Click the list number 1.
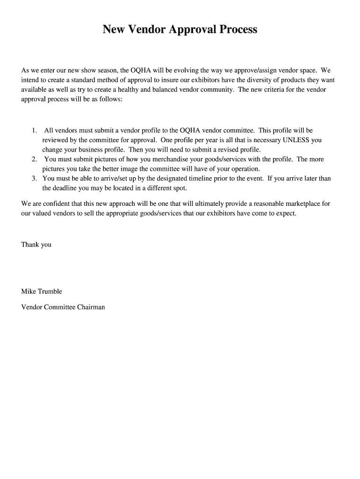click(x=34, y=131)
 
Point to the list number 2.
click(x=34, y=159)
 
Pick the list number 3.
click(x=34, y=178)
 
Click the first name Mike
click(x=28, y=291)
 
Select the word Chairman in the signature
click(x=91, y=307)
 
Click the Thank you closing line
click(x=36, y=245)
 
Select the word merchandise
click(x=159, y=159)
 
